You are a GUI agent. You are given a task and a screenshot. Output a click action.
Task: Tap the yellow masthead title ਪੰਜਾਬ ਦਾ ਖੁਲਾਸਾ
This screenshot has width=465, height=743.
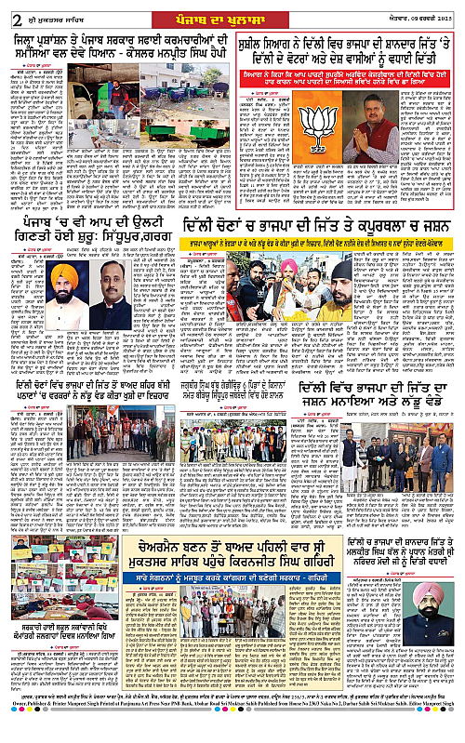click(232, 12)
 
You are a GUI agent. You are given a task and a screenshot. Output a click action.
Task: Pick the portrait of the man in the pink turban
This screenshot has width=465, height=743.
click(429, 604)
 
